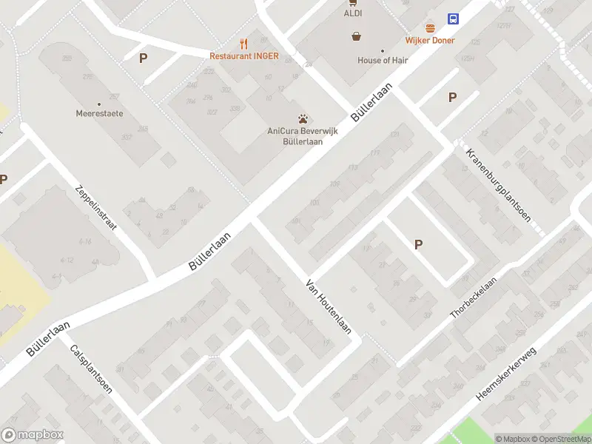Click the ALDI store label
[x=352, y=13]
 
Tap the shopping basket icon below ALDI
[x=357, y=36]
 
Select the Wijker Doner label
[x=430, y=41]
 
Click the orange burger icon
[x=430, y=28]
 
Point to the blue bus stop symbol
[x=453, y=18]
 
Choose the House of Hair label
[x=383, y=61]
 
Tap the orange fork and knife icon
[x=243, y=44]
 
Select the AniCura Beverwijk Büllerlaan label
[x=303, y=137]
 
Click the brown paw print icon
[x=303, y=118]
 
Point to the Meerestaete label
[x=99, y=114]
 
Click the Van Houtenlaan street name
[x=329, y=306]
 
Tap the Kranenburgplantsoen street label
[x=499, y=186]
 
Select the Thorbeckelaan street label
[x=475, y=294]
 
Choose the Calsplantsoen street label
[x=90, y=369]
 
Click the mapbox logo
[x=33, y=435]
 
